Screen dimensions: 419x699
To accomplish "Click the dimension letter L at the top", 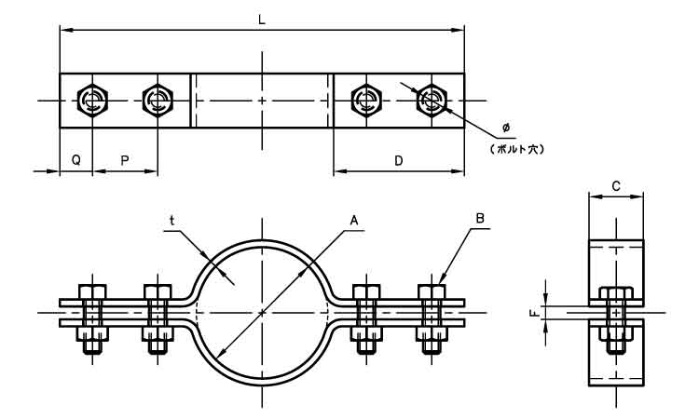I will pos(263,19).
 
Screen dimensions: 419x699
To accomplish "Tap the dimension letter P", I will pos(124,160).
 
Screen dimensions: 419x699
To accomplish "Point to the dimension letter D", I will pos(398,160).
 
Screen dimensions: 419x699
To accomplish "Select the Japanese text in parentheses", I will pos(510,148).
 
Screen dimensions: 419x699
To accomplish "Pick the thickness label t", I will pos(171,220).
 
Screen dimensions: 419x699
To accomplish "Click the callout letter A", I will pos(353,220).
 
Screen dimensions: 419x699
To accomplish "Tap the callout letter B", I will pos(479,220).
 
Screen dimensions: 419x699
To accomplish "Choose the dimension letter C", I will pos(616,185).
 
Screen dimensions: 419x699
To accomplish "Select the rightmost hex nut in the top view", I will pos(432,100).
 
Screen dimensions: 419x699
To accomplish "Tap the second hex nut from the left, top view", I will pos(156,100).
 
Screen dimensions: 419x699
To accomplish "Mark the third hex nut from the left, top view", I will pos(365,100).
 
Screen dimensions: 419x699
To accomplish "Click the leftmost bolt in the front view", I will pos(91,317).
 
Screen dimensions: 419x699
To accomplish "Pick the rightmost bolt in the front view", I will pos(432,317).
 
